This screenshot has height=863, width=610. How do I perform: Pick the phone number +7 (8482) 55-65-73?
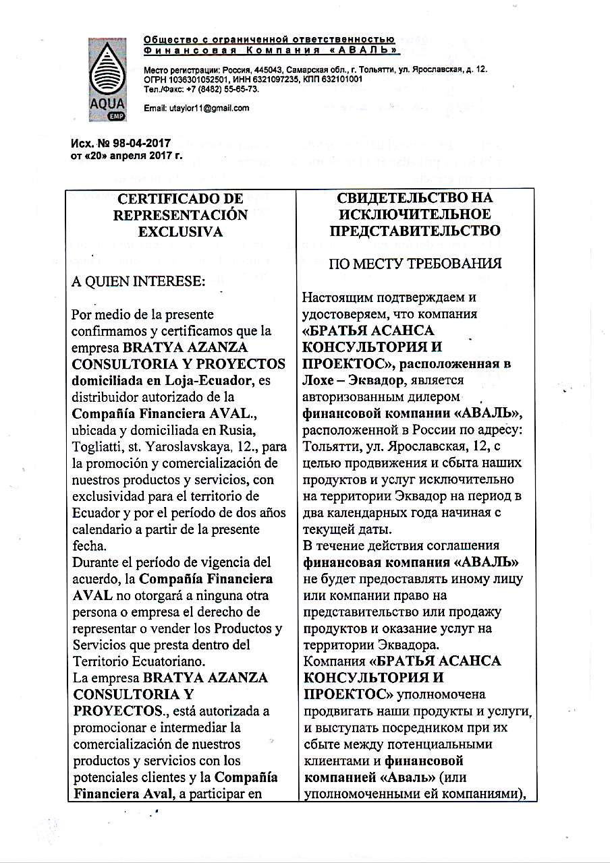213,88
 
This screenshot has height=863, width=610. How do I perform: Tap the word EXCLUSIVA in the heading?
181,232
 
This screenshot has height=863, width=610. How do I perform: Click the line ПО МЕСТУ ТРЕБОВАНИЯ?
415,264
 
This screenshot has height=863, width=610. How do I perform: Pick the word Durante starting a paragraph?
95,563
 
